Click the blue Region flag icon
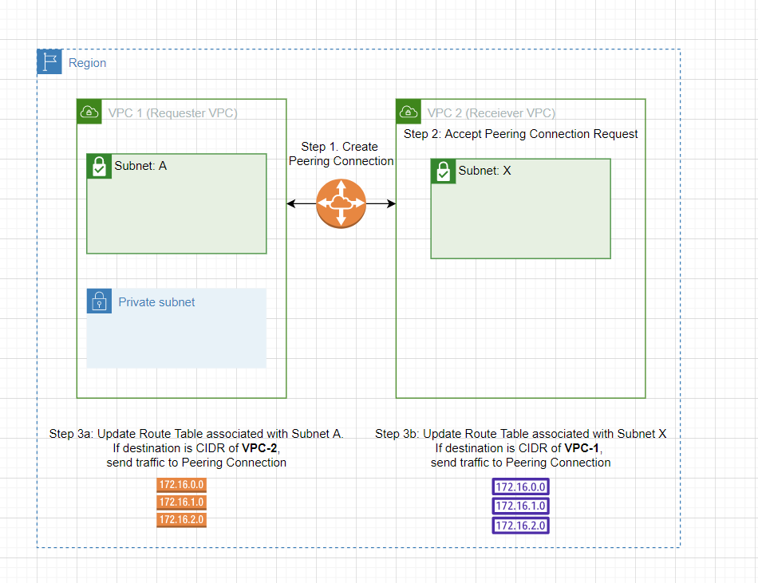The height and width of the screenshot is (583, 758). coord(49,62)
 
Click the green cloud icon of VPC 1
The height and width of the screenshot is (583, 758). coord(89,112)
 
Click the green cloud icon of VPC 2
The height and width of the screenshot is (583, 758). coord(409,112)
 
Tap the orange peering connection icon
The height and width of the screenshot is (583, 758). coord(341,204)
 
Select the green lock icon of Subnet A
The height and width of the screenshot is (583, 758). coord(99,167)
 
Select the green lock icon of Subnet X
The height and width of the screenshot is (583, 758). coord(444,171)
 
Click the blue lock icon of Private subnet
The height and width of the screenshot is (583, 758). coord(99,301)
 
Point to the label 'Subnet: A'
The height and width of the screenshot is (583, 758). coord(140,166)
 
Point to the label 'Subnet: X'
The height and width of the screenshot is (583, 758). coord(484,171)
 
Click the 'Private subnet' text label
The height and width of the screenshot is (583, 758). coord(156,302)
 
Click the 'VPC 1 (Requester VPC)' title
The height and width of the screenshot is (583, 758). coord(172,112)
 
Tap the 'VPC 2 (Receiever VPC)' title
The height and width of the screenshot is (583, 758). coord(492,112)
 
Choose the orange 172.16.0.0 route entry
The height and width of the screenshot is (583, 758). coord(181,485)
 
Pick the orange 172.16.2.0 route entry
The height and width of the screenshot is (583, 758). coord(181,520)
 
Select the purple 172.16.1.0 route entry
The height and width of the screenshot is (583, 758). coord(520,506)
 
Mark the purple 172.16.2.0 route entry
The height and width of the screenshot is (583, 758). coord(520,526)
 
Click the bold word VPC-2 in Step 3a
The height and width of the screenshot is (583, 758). coord(260,448)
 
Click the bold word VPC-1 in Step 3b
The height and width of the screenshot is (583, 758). coord(581,448)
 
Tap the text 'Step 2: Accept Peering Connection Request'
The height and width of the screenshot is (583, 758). coord(520,134)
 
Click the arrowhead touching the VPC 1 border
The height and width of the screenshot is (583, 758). coord(291,204)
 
